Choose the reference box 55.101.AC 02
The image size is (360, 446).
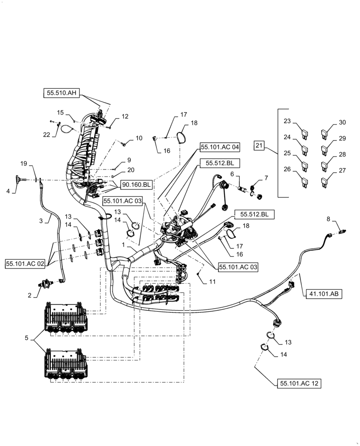(25, 263)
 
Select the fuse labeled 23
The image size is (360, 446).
(304, 132)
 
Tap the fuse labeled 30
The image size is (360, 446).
(326, 132)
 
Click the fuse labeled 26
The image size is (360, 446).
(304, 181)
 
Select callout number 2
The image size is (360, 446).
(30, 295)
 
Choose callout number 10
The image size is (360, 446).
(139, 138)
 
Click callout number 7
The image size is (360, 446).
(266, 178)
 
